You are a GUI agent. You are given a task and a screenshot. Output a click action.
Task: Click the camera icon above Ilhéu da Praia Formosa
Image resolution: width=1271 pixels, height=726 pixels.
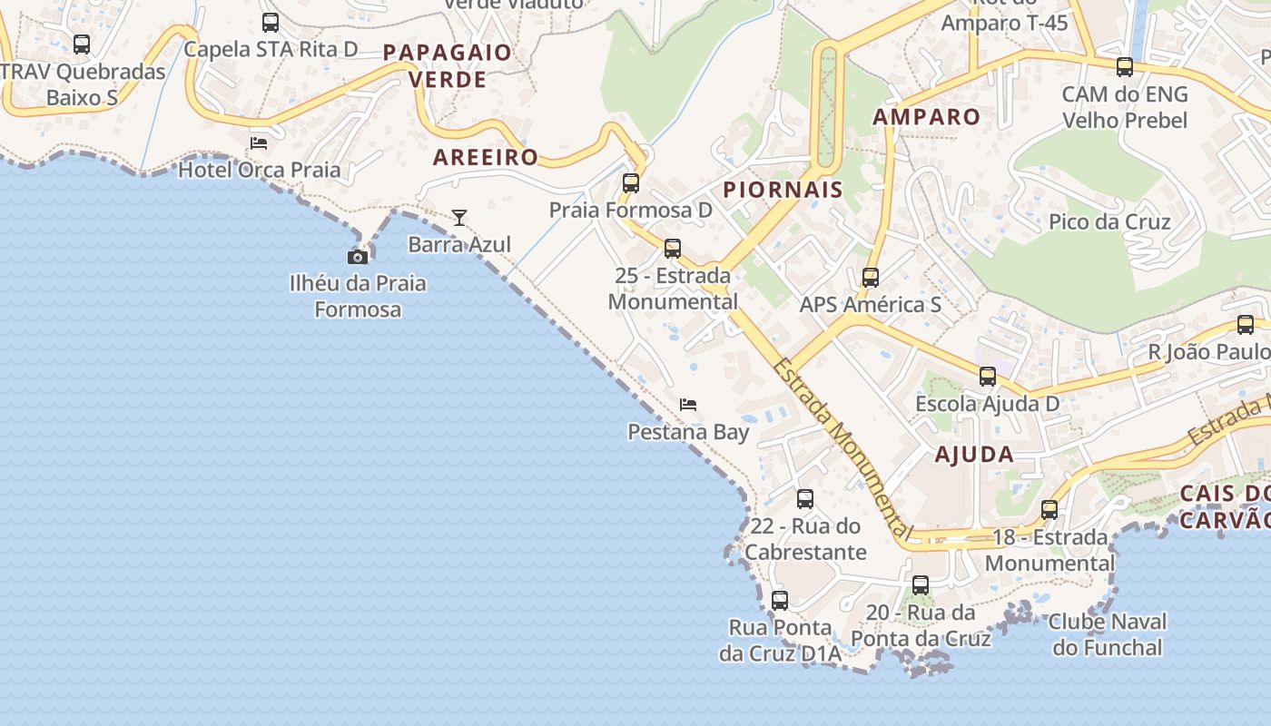coord(358,257)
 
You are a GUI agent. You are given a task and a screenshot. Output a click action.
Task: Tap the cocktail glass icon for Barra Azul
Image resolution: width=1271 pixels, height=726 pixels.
coord(459,218)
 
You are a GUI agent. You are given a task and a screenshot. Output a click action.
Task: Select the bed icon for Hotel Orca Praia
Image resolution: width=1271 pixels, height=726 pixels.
coord(259,142)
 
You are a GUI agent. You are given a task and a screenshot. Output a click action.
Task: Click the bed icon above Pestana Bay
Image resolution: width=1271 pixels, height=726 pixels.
coord(688,405)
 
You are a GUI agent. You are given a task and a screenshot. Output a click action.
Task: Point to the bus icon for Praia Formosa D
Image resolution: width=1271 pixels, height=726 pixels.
coord(631,183)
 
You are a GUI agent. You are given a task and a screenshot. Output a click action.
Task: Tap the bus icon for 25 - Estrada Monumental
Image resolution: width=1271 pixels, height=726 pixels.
coord(673,249)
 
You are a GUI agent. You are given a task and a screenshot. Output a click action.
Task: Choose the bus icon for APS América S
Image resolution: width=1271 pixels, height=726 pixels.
coord(871,278)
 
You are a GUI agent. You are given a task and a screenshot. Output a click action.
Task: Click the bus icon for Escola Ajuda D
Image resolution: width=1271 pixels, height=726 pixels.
coord(988,377)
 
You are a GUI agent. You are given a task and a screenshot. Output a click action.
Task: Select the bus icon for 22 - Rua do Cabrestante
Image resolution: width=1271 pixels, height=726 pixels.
coord(805,499)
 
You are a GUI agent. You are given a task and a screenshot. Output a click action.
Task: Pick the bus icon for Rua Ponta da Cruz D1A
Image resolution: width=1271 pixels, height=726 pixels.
coord(780,601)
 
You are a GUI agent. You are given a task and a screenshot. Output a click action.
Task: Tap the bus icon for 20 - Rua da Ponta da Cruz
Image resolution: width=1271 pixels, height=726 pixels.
coord(921,585)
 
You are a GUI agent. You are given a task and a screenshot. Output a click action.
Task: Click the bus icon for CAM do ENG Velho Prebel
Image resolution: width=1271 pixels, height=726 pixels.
coord(1125,67)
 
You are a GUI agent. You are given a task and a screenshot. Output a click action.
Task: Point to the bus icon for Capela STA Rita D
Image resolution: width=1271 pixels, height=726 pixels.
coord(271,23)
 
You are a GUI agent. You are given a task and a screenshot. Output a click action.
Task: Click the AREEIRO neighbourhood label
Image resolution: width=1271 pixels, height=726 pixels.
coord(486,157)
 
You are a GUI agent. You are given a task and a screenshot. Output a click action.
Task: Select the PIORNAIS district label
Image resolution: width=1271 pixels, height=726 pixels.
coord(783,190)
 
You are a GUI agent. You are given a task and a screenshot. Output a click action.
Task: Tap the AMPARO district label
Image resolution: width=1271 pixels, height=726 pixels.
coord(927,117)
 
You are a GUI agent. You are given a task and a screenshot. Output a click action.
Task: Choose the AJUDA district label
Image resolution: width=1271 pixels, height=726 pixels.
coord(974,455)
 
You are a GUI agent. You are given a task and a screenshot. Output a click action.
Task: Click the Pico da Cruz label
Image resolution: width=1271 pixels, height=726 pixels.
coord(1109,222)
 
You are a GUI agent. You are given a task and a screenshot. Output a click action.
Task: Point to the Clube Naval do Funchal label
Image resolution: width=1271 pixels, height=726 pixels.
coord(1108,634)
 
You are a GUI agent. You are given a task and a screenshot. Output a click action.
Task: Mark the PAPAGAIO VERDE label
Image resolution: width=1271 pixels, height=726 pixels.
coord(448,65)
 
